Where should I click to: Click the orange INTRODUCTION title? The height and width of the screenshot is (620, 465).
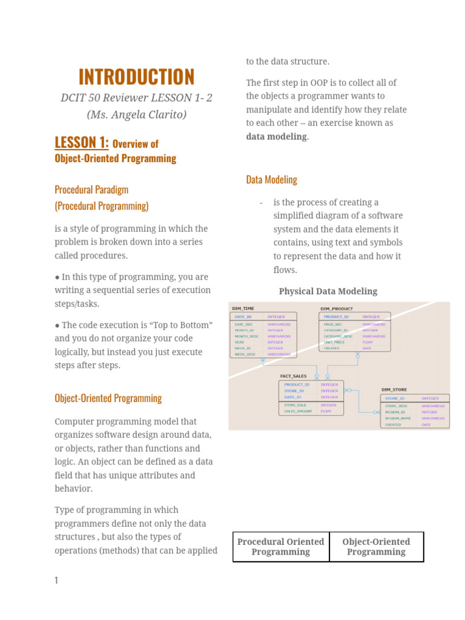136,77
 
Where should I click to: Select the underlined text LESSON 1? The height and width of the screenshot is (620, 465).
82,143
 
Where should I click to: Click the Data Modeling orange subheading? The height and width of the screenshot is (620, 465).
271,180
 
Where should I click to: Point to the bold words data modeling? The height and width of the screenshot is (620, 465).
277,136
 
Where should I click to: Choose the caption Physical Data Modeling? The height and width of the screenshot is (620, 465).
328,291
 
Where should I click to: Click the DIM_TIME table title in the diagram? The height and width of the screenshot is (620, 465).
243,308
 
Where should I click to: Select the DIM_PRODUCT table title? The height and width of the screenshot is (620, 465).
336,308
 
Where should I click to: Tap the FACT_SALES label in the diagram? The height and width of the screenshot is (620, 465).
293,376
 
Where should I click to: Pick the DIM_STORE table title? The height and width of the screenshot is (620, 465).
394,390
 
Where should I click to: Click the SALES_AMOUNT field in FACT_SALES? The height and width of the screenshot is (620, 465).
298,411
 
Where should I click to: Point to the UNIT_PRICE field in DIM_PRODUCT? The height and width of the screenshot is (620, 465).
334,341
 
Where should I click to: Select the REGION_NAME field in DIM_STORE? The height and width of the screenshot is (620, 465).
398,418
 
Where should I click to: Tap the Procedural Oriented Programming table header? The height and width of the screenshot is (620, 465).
280,547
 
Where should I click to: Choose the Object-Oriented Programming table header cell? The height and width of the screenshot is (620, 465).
376,547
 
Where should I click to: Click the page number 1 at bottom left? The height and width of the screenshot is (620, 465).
56,581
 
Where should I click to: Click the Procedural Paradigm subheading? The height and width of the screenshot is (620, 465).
91,190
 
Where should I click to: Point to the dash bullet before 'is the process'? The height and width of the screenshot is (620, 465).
260,202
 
